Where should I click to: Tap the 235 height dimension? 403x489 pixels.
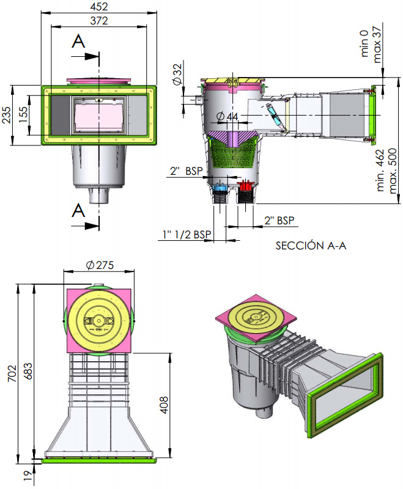pyautogui.click(x=7, y=114)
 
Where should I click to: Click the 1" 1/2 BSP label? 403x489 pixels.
pyautogui.click(x=187, y=234)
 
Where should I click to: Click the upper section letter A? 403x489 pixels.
pyautogui.click(x=78, y=42)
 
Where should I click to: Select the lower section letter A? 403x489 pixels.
pyautogui.click(x=78, y=211)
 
